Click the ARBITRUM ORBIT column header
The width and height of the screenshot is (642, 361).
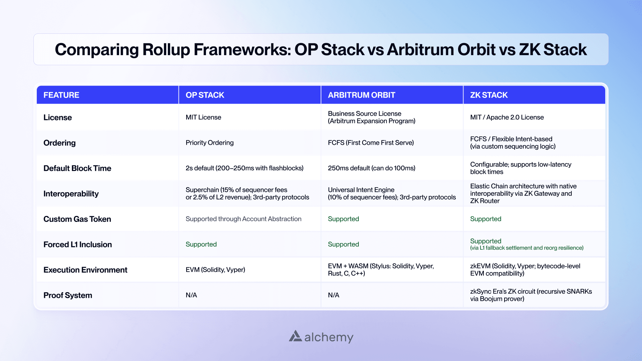(x=361, y=95)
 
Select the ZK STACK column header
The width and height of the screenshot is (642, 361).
(x=489, y=95)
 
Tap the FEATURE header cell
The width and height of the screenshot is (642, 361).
(x=61, y=95)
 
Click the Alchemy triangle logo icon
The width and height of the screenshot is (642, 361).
(x=295, y=336)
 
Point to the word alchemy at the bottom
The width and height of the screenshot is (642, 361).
(x=329, y=337)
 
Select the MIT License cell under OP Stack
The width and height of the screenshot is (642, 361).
(x=203, y=117)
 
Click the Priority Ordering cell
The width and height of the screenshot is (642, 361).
(x=209, y=143)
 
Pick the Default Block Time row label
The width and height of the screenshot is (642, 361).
(x=77, y=168)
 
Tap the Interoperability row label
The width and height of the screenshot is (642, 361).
(x=71, y=194)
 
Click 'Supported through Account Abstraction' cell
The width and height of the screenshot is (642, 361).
(x=243, y=219)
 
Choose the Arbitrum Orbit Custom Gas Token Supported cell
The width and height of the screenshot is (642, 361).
(x=343, y=219)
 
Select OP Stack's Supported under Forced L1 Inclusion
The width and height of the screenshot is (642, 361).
(x=201, y=244)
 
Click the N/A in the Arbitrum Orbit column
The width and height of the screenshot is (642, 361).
(x=333, y=295)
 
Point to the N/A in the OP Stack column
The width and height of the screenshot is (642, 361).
(x=191, y=295)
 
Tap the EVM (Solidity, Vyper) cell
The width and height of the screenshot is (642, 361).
(x=215, y=270)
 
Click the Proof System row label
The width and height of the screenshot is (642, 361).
(x=68, y=295)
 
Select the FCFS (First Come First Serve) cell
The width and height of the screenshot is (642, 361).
(x=370, y=143)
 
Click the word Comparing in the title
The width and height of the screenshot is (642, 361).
(x=96, y=50)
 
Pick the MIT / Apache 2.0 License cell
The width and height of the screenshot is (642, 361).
(x=507, y=117)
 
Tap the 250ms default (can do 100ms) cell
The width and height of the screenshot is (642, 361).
(x=371, y=168)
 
